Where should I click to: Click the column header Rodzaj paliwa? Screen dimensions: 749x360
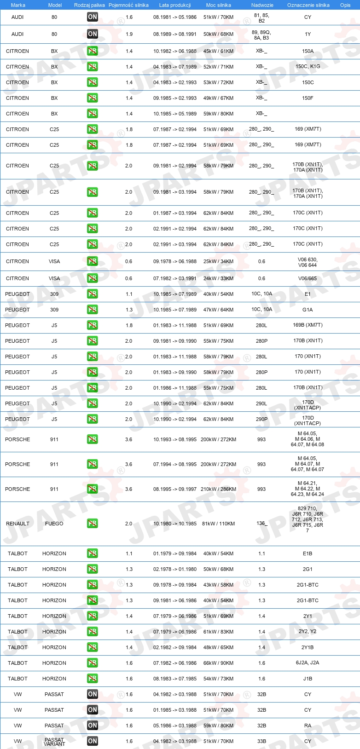pyautogui.click(x=89, y=5)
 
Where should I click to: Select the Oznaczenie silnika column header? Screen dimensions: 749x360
pyautogui.click(x=308, y=5)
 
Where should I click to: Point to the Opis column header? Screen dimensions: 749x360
pyautogui.click(x=345, y=5)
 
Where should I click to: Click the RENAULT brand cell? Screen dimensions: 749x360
pyautogui.click(x=17, y=524)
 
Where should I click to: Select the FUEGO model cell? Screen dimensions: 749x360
pyautogui.click(x=54, y=524)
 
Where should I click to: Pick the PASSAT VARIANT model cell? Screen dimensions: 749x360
pyautogui.click(x=54, y=742)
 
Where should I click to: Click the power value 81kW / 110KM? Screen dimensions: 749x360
pyautogui.click(x=218, y=524)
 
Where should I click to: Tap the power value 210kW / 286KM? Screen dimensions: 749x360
pyautogui.click(x=218, y=489)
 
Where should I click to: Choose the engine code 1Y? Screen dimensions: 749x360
pyautogui.click(x=308, y=34)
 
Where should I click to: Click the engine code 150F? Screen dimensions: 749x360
pyautogui.click(x=308, y=98)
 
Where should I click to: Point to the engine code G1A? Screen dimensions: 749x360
pyautogui.click(x=308, y=310)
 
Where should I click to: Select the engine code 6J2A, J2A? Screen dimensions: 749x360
pyautogui.click(x=308, y=663)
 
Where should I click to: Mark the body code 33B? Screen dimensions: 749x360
pyautogui.click(x=261, y=741)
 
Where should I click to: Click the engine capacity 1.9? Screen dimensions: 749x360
pyautogui.click(x=129, y=34)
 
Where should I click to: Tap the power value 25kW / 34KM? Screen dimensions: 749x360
pyautogui.click(x=218, y=261)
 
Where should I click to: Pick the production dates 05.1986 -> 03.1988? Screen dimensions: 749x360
pyautogui.click(x=175, y=726)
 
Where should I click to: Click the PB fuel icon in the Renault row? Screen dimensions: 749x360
pyautogui.click(x=93, y=524)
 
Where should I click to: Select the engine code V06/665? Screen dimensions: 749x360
pyautogui.click(x=308, y=278)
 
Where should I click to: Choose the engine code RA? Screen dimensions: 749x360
pyautogui.click(x=308, y=726)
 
